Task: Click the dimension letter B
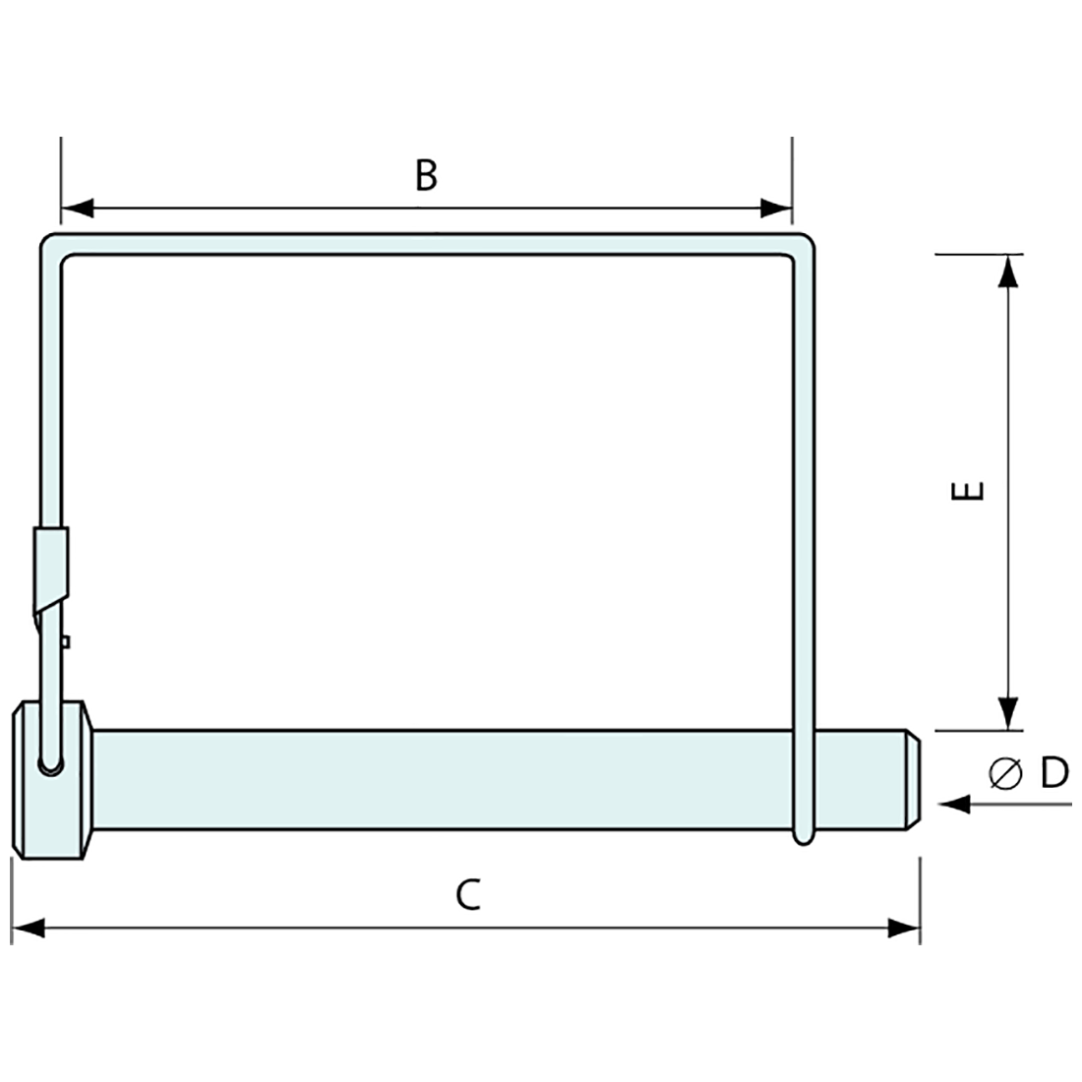425,176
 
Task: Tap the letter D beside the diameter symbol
1053,774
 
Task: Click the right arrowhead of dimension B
776,209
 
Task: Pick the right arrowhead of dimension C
904,928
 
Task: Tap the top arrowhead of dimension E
1006,271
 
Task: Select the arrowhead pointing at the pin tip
954,806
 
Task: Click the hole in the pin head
49,762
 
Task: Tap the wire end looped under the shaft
805,835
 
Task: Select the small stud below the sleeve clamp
64,642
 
